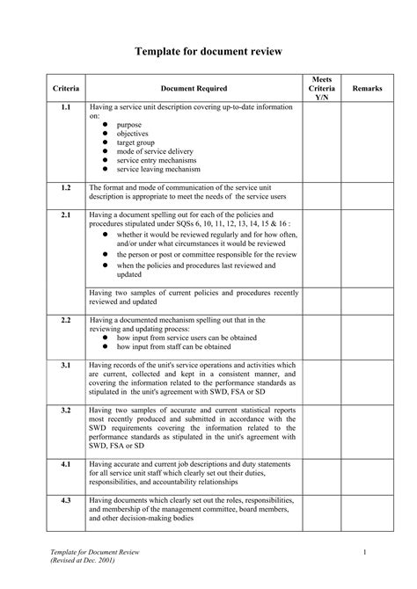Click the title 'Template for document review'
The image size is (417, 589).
(208, 53)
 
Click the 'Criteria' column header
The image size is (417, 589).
(66, 89)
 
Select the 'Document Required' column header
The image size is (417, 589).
(194, 89)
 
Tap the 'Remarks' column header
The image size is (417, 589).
(367, 89)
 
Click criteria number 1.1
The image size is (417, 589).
(66, 107)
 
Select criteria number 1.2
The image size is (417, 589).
(66, 187)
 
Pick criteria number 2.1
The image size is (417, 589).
(66, 215)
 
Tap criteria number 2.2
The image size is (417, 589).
(66, 320)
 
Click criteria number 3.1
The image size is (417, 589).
(66, 363)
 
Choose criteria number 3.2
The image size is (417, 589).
(66, 411)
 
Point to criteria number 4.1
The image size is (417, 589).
(66, 462)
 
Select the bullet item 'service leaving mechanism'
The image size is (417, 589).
(165, 168)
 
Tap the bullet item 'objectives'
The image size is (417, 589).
(134, 133)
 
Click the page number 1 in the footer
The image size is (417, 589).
(363, 550)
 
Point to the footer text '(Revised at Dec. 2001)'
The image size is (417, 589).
(84, 560)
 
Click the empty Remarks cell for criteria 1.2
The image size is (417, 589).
(367, 193)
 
